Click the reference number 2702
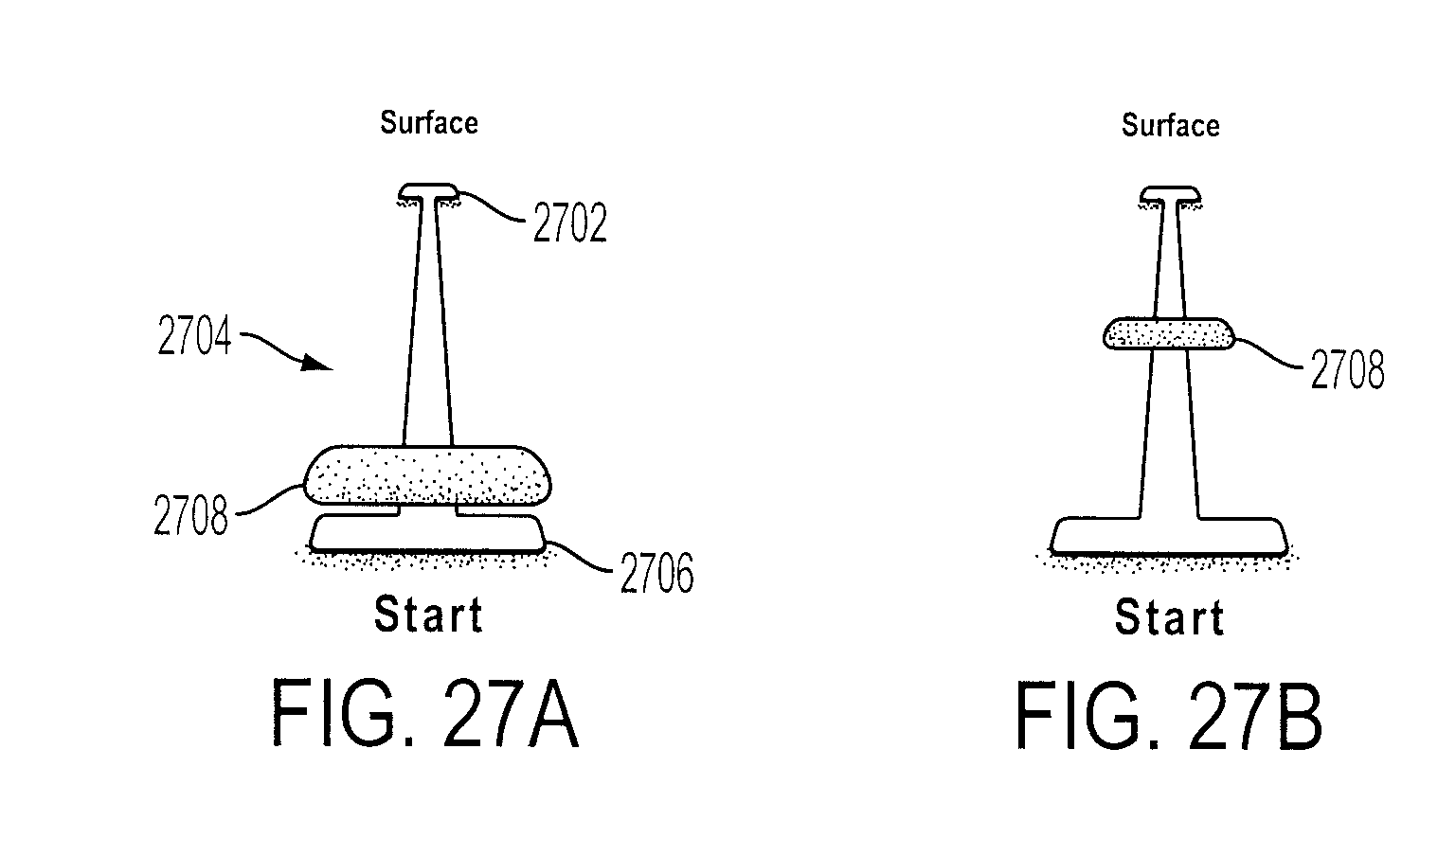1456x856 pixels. (570, 223)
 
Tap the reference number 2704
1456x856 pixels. (194, 335)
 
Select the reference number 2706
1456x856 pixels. (656, 573)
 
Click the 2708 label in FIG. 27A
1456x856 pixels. (190, 515)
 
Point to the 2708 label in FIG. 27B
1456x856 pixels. (1347, 369)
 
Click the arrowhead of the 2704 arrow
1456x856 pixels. (318, 363)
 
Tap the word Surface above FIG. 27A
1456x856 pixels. (429, 123)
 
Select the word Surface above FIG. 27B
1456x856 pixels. (1171, 125)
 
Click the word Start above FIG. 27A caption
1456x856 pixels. (429, 615)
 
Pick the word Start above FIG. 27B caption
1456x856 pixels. (1170, 616)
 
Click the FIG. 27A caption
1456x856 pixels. (425, 714)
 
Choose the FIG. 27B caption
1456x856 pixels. (1169, 717)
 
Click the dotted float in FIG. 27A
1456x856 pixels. (427, 475)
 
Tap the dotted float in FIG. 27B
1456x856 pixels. (1169, 333)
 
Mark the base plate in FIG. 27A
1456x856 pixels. (427, 533)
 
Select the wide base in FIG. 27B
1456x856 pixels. (1169, 536)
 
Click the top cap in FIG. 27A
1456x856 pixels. (429, 191)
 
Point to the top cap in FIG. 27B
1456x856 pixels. (1170, 194)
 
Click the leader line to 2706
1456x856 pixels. (580, 558)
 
